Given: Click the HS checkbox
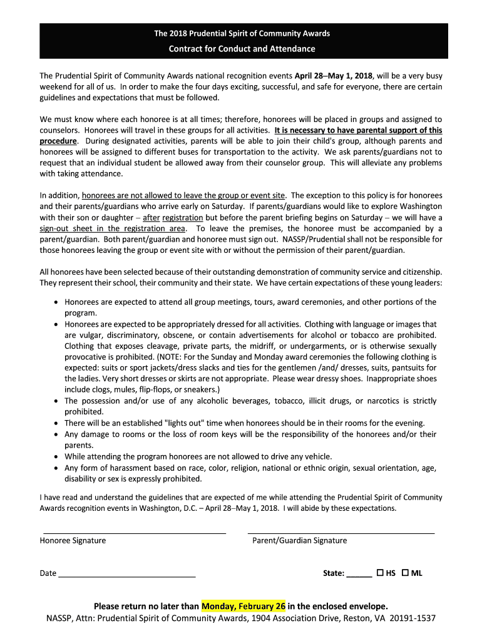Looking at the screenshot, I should point(380,573).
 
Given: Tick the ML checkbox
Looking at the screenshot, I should point(404,573).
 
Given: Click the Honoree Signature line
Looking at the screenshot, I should point(133,532).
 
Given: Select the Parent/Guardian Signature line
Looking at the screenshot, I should point(341,532).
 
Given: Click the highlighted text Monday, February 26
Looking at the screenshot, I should point(244,606).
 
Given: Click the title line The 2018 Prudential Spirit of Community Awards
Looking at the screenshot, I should point(242,33).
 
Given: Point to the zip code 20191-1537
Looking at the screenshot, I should point(412,618).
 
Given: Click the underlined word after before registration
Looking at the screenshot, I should point(151,217).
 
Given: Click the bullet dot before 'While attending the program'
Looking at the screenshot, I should point(56,456).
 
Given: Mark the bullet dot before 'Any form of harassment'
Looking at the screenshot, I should point(56,468).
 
